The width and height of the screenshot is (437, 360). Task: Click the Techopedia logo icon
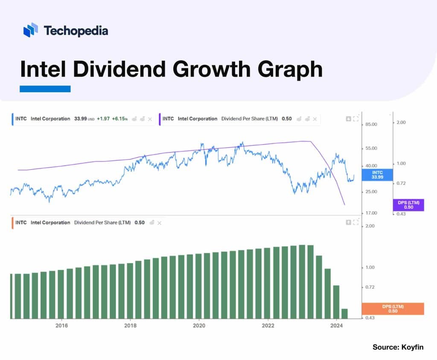click(x=31, y=30)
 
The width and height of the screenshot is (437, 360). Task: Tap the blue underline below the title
click(x=45, y=89)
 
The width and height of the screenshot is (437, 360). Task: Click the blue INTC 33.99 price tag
click(x=377, y=175)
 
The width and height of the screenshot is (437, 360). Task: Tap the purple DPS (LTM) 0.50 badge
click(x=408, y=205)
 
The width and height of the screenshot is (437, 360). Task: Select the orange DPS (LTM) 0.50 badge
click(x=393, y=309)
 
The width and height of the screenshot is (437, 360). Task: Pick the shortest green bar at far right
click(x=344, y=313)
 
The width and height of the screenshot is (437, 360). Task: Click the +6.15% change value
click(x=119, y=119)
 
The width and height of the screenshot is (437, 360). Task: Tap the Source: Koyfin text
click(x=398, y=347)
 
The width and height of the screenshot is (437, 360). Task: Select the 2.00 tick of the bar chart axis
click(x=370, y=226)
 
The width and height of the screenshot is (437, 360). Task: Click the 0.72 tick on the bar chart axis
click(x=370, y=287)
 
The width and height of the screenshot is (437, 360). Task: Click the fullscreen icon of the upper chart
click(x=356, y=119)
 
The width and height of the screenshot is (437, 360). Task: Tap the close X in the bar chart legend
click(x=160, y=223)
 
